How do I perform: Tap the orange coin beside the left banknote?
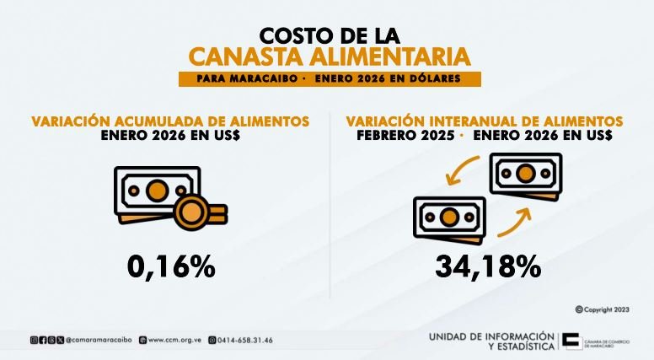201,209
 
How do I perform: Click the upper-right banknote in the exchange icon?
525,175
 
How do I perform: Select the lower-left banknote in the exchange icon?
449,217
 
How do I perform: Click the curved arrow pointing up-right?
516,223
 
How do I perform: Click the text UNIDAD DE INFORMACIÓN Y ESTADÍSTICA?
491,341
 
